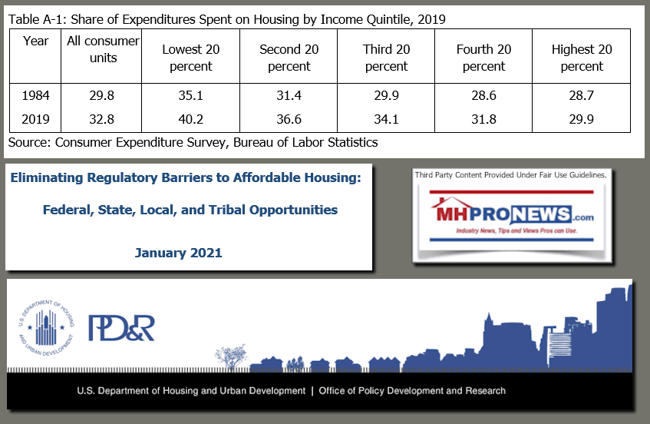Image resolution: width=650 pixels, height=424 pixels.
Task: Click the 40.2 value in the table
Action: [192, 119]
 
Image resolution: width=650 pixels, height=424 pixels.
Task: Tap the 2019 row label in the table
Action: [35, 119]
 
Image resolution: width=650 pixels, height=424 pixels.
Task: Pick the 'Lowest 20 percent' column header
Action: [192, 58]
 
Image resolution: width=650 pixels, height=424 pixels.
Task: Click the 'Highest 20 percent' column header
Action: [582, 58]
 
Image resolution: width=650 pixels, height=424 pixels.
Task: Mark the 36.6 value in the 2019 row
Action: [289, 119]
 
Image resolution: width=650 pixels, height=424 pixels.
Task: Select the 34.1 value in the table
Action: [387, 119]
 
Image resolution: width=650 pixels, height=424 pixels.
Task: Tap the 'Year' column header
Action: [35, 41]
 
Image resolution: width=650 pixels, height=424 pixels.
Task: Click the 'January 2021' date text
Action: [178, 252]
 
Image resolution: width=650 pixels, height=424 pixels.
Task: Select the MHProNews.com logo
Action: [510, 217]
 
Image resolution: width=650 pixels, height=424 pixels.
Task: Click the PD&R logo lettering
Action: [121, 326]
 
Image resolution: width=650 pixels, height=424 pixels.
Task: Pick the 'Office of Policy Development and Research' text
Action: [412, 390]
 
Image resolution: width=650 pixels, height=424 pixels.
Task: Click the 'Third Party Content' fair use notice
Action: [510, 175]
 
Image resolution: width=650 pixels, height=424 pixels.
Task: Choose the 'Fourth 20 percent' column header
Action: [484, 58]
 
